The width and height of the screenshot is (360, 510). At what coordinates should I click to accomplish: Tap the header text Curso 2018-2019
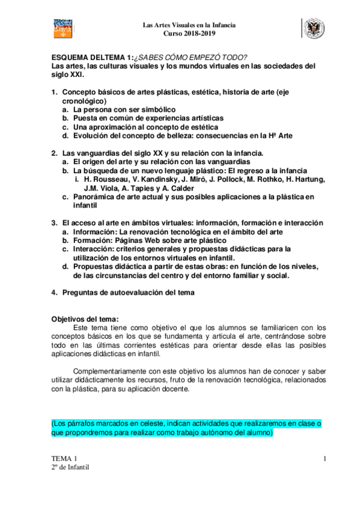tap(189, 33)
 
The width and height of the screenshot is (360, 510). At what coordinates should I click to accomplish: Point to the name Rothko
tap(269, 179)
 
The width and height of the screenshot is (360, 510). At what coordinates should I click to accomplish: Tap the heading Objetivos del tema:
tap(85, 319)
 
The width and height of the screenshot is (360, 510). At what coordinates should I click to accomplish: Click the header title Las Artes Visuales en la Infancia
tap(189, 25)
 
